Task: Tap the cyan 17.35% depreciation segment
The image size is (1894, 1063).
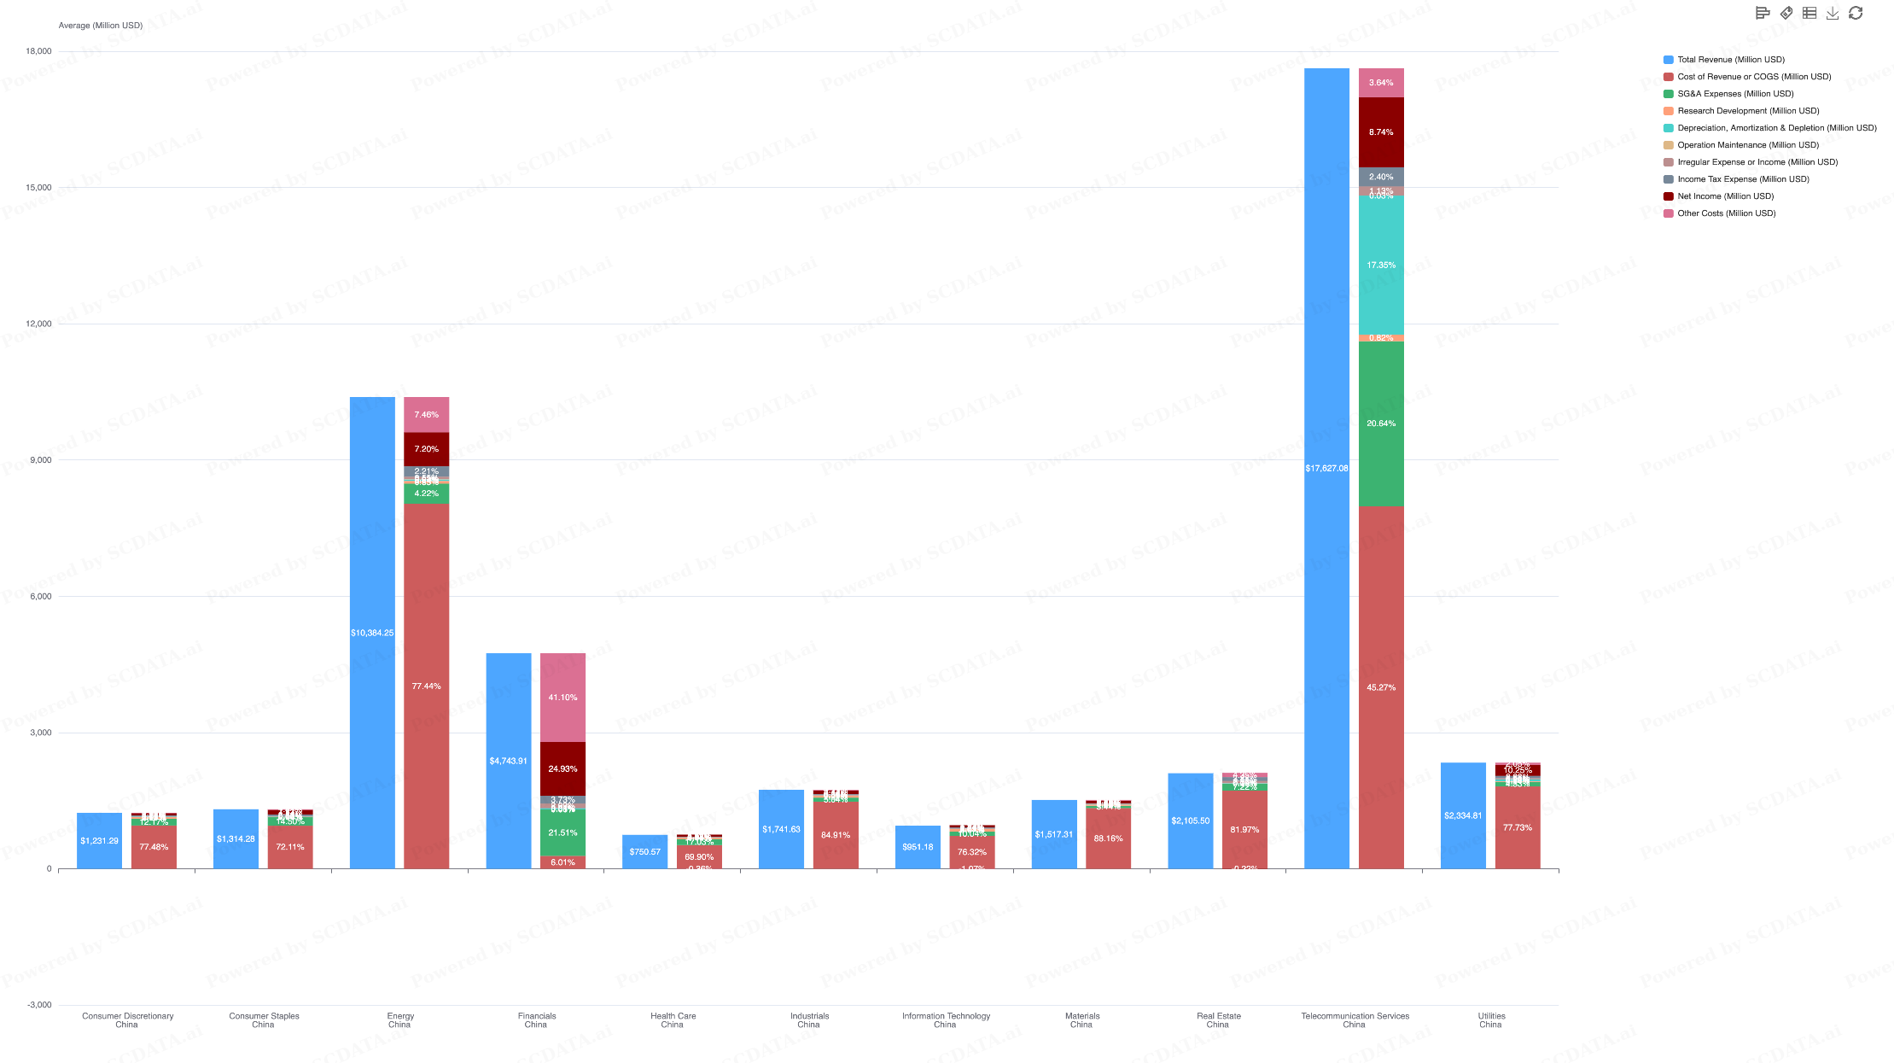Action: coord(1381,266)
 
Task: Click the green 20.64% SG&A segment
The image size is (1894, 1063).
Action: coord(1381,423)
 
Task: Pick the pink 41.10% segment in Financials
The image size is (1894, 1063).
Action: coord(562,698)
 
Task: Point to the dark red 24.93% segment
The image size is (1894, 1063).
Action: coord(562,768)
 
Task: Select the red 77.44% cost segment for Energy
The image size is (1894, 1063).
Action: coord(426,686)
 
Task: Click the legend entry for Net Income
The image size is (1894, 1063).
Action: coord(1725,196)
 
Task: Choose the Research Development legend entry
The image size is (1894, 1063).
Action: coord(1747,111)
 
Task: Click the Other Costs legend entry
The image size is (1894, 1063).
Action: coord(1726,213)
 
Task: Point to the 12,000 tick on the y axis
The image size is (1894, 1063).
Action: coord(38,324)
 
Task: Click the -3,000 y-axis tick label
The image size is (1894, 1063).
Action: coord(39,1005)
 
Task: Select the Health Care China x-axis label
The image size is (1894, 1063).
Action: coord(673,1020)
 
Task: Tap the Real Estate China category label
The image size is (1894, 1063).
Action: coord(1218,1020)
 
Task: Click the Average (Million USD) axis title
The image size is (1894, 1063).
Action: coord(100,26)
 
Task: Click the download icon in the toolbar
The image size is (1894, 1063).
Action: coord(1832,13)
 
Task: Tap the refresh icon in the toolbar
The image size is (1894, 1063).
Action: coord(1856,13)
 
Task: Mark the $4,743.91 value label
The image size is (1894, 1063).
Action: coord(509,761)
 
